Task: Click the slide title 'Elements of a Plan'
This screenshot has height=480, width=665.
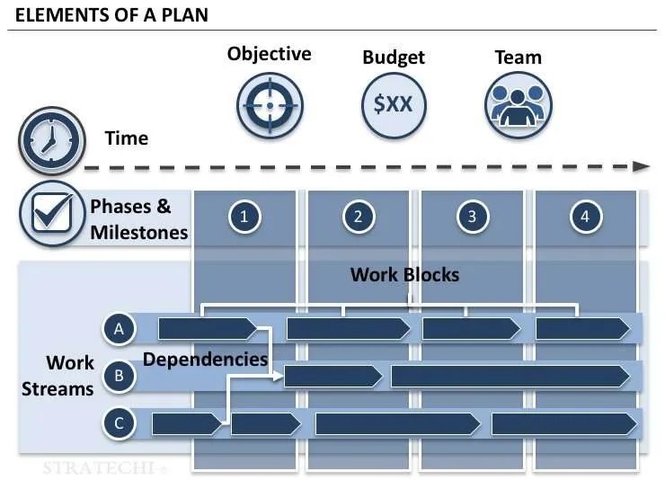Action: [111, 16]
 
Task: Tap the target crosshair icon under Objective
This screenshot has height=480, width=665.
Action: [269, 105]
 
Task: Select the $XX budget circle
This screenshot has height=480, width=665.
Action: [393, 104]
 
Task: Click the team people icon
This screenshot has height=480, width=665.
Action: [519, 105]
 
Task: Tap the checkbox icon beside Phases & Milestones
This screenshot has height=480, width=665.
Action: [51, 216]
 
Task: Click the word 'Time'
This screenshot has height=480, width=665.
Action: [127, 138]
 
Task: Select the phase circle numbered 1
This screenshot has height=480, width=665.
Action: [244, 216]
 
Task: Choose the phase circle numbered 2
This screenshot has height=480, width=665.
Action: [358, 216]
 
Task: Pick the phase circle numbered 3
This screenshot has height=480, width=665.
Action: [472, 216]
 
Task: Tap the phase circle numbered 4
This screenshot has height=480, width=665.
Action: [585, 216]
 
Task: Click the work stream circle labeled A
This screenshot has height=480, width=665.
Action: [119, 329]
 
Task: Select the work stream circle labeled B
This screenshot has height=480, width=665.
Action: [119, 376]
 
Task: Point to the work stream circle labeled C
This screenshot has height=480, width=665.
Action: [119, 422]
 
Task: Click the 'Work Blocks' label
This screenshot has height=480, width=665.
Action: [404, 275]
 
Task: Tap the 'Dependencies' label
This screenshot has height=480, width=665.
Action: [206, 360]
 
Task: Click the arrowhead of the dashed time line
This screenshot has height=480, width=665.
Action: [641, 166]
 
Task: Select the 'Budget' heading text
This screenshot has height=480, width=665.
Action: [393, 58]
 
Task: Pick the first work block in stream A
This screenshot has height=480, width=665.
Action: [206, 329]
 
